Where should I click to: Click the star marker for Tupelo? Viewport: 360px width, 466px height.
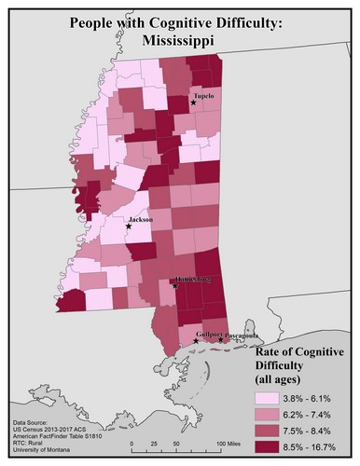193,103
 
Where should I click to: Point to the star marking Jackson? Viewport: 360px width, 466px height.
129,226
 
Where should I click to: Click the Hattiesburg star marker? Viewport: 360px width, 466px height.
175,286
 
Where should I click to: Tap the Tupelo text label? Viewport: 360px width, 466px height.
203,96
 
